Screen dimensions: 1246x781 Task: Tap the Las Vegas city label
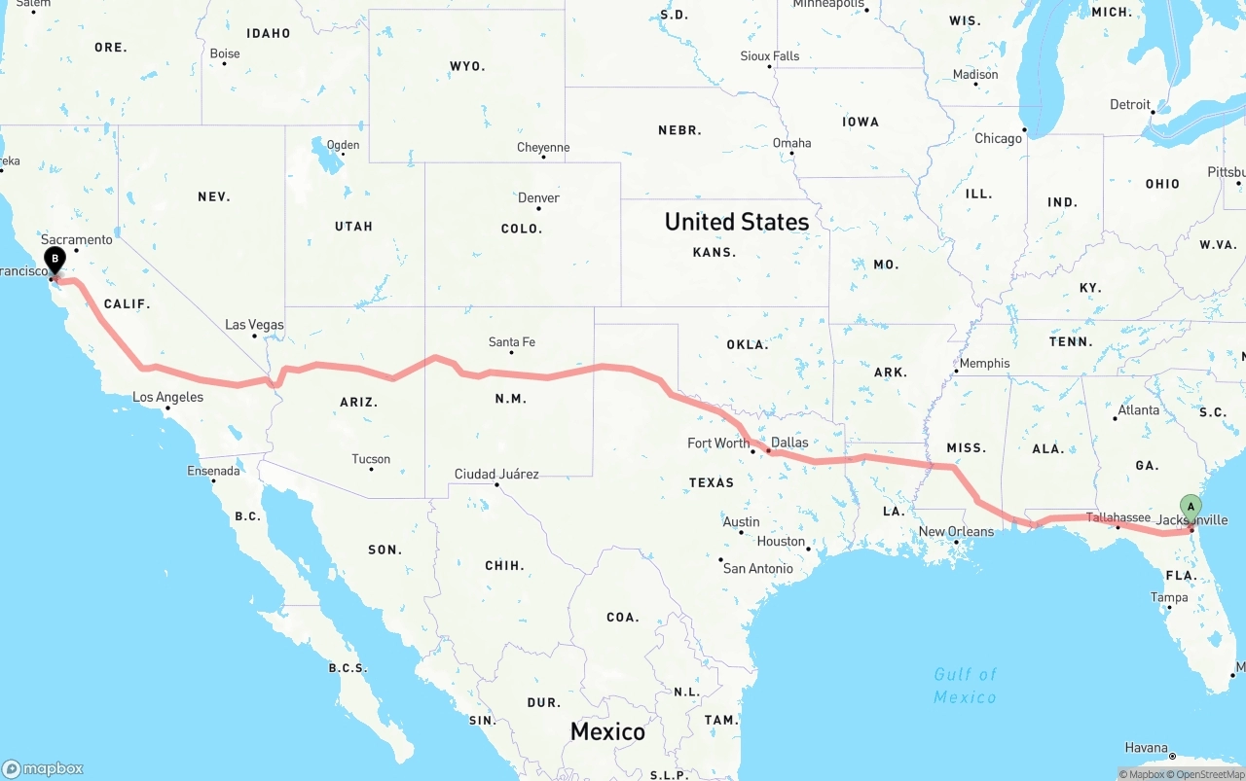coord(254,325)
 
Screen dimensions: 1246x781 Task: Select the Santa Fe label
coord(512,342)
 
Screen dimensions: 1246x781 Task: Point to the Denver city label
coord(538,197)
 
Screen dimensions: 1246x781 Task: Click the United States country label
coord(737,222)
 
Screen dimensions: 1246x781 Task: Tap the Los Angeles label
coord(168,397)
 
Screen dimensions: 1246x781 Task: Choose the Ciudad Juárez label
coord(496,475)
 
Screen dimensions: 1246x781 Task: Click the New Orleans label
coord(957,532)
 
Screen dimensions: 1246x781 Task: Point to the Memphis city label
coord(984,364)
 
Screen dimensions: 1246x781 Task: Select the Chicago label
coord(999,139)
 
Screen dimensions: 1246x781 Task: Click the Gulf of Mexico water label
coord(965,686)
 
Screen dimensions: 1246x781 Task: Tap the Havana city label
coord(1146,748)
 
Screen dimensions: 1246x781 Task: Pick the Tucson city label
coord(371,459)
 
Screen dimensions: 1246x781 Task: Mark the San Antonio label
coord(757,568)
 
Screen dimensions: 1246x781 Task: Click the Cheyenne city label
coord(543,148)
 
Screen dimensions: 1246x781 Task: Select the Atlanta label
coord(1139,410)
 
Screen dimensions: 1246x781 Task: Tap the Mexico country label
coord(607,731)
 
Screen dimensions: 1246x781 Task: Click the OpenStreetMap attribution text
coord(1209,775)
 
